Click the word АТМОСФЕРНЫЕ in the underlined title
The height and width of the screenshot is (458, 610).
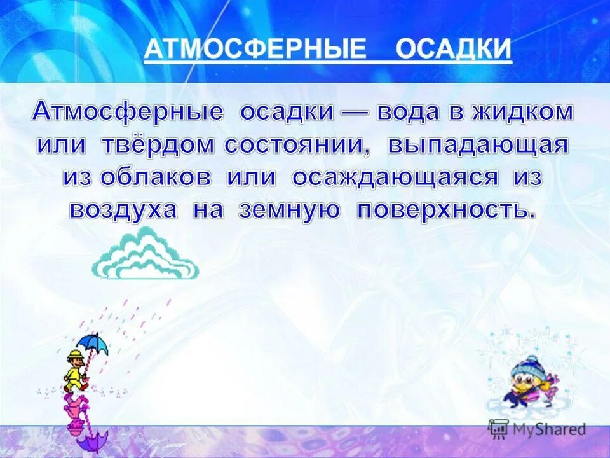tap(255, 50)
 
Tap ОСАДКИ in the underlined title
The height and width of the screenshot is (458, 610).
tap(454, 50)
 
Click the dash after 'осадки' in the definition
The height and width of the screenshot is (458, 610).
tap(356, 113)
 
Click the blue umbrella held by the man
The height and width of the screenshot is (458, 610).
tap(95, 343)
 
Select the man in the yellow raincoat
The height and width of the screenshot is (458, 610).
tap(75, 371)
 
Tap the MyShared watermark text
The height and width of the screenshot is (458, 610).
tap(550, 429)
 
